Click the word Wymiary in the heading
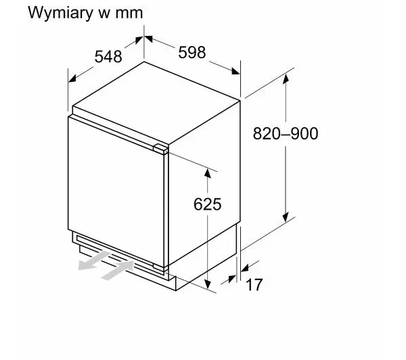pos(60,13)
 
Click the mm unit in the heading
pos(129,14)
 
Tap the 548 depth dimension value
pos(108,57)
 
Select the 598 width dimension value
pos(192,52)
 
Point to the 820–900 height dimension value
pos(286,133)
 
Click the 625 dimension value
pos(208,204)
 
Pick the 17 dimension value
pos(254,285)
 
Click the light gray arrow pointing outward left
pos(94,260)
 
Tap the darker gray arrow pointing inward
pos(118,271)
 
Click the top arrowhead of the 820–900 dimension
pos(286,78)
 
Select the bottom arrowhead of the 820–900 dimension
pos(286,217)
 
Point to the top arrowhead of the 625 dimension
pos(208,173)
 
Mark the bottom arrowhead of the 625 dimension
pos(208,284)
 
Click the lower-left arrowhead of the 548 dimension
pos(72,78)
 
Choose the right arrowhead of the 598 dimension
pos(235,71)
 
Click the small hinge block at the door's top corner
pos(160,149)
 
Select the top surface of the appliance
pos(156,104)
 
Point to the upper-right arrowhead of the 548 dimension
pos(139,40)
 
